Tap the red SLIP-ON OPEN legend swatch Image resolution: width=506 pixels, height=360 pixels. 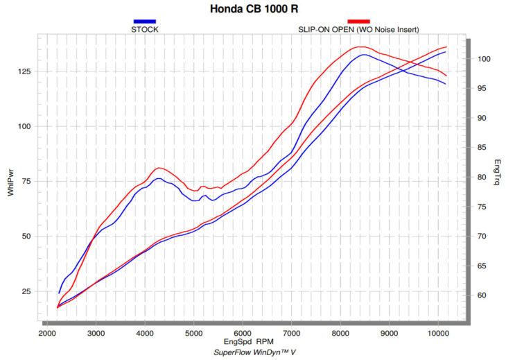[358, 22]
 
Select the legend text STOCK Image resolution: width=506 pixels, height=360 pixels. [143, 29]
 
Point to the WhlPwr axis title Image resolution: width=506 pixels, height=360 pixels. [10, 182]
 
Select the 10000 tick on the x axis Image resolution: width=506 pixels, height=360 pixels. [437, 332]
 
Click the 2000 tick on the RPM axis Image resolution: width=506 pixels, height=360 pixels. [47, 332]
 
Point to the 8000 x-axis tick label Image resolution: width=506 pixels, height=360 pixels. [340, 332]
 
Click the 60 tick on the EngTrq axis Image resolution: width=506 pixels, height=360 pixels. [481, 295]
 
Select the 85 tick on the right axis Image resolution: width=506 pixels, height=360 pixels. [481, 148]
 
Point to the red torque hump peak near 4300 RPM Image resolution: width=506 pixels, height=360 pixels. [159, 168]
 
